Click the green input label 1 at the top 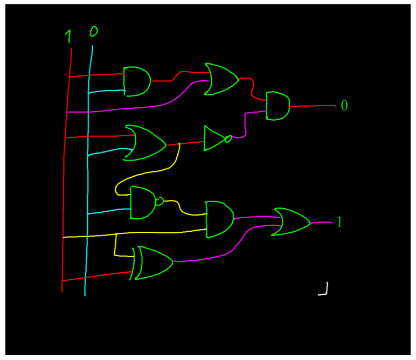68,37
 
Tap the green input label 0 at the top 93,32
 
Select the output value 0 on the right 344,106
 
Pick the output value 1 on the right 339,221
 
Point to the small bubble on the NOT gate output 228,139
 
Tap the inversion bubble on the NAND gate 159,202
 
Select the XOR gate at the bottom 154,263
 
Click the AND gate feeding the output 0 278,106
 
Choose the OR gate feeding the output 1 292,221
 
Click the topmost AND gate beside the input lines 137,81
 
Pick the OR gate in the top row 221,79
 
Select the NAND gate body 142,203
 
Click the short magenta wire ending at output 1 321,222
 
